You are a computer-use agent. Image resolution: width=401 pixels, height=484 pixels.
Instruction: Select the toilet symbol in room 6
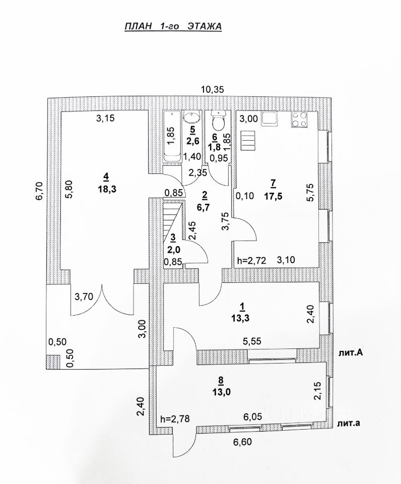pyautogui.click(x=218, y=123)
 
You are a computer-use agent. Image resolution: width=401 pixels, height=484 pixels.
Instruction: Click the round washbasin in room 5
pyautogui.click(x=191, y=118)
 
